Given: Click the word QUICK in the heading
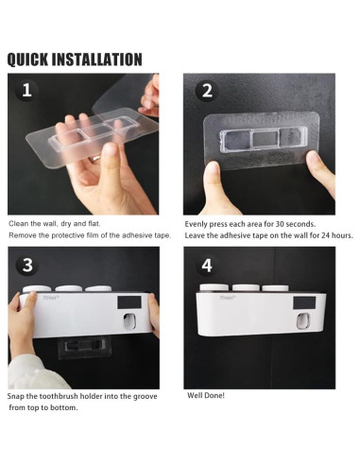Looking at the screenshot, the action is point(27,60).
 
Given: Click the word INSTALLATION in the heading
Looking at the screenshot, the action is point(96,60).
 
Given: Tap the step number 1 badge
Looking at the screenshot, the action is point(26,90).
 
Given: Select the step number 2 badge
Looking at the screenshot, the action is point(207,91).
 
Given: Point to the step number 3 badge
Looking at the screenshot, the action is point(27,265).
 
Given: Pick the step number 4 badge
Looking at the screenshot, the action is point(207,266).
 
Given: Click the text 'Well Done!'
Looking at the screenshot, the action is point(206,395).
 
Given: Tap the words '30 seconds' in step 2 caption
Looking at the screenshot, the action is point(296,224).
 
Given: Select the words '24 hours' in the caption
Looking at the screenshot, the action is point(337,235).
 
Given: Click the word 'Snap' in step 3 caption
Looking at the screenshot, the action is point(15,396).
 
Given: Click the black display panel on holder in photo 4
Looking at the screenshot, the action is point(304,303).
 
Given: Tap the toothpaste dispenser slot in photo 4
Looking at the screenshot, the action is point(303,321).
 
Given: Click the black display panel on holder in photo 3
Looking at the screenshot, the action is point(129,302).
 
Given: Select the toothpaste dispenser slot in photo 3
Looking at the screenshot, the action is point(130,321).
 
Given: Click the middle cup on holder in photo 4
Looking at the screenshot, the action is point(246,288).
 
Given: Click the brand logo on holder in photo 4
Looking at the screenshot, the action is point(227,298).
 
